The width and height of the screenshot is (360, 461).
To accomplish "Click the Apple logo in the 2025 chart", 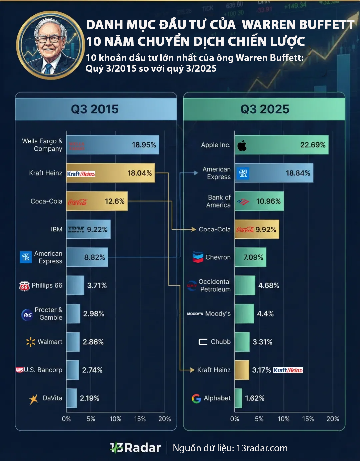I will point(242,145).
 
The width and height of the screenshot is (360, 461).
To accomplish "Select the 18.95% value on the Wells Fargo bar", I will point(144,145).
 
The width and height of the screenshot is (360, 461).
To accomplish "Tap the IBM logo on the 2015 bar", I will point(76,230).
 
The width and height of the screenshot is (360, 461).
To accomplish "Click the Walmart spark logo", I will point(31,342).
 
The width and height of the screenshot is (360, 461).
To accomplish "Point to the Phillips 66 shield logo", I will point(24,286).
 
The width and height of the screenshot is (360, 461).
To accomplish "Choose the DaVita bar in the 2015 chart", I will point(71,398).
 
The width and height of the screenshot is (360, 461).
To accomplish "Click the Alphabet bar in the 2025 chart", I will point(238,398).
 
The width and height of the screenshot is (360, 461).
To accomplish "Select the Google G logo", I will point(196,398).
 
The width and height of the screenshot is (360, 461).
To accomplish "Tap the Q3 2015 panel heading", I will point(95,109).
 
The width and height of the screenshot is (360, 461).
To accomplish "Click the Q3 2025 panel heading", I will point(265,109).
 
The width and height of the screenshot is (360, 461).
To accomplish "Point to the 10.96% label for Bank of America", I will point(268,201).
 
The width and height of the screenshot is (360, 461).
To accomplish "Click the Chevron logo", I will point(198,257).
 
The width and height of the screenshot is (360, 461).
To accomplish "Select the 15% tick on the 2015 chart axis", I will point(140,419).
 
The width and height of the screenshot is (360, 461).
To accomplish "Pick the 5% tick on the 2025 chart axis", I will point(259,419).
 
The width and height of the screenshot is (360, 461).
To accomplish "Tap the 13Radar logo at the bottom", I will point(135,448).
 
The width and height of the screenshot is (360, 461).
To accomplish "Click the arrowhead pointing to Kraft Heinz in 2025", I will point(192,370).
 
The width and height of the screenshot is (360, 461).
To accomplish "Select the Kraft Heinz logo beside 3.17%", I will point(288,370).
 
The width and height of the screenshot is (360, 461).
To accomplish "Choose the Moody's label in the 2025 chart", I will point(218,314).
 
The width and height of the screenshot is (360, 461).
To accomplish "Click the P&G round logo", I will point(27,315).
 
